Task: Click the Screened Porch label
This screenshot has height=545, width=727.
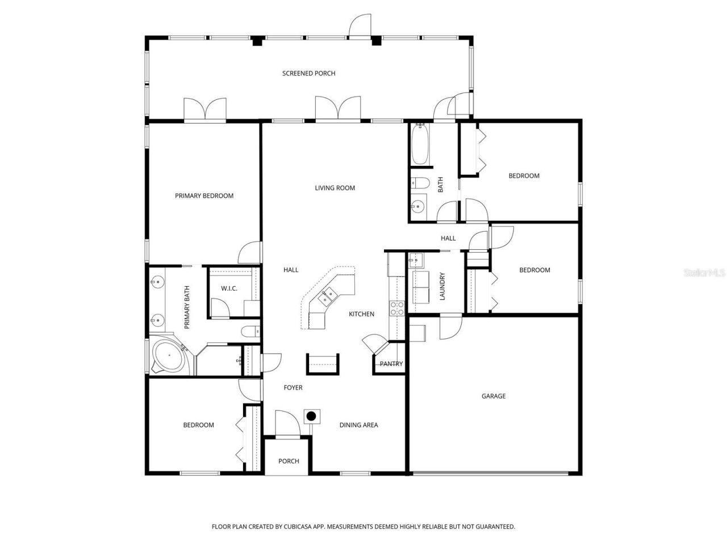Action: click(x=308, y=73)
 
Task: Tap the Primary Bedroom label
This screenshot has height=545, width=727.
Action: click(x=204, y=196)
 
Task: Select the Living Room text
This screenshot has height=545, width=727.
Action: click(x=335, y=188)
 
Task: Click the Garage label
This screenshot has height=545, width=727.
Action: click(x=493, y=396)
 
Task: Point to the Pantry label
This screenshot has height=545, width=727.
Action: click(x=391, y=364)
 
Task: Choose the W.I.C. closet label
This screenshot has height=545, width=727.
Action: click(x=229, y=289)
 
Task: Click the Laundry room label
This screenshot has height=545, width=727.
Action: click(x=442, y=287)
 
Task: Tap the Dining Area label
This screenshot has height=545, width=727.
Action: click(x=358, y=425)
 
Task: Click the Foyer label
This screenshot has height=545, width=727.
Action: click(x=293, y=388)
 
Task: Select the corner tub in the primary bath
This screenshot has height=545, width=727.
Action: click(x=169, y=356)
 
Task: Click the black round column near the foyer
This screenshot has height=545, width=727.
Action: click(x=311, y=416)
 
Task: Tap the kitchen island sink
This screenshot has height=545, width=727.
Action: click(x=328, y=294)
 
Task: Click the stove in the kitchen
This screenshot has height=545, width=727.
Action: click(x=396, y=308)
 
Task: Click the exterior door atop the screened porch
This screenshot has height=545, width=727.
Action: click(x=360, y=27)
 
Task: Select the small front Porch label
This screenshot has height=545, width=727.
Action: click(x=289, y=461)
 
